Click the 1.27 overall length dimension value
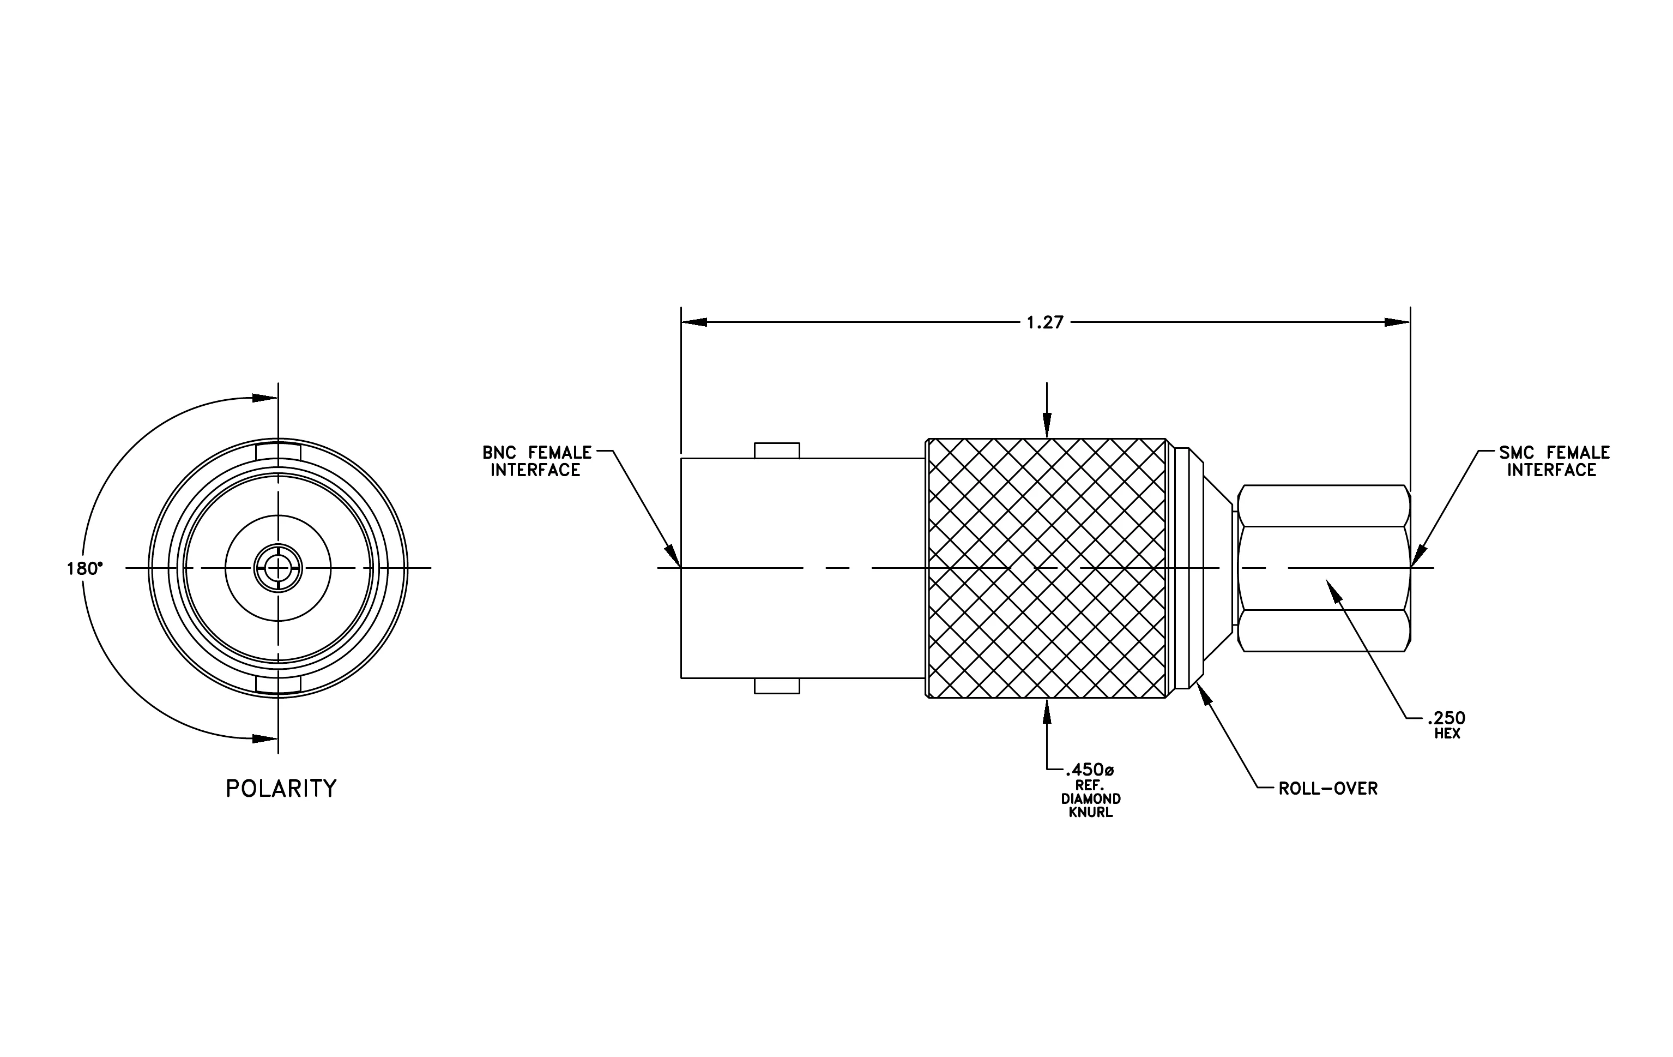point(1045,322)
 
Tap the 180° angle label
point(84,568)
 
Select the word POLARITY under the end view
point(281,789)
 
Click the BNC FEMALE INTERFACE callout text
point(537,461)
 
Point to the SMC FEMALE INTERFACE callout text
point(1554,461)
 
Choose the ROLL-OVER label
point(1328,789)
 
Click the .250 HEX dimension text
point(1447,725)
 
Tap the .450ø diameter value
point(1089,770)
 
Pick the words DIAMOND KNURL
point(1091,806)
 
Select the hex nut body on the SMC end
point(1324,568)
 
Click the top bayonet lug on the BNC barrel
point(777,451)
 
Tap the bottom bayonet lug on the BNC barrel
point(777,686)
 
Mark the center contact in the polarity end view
point(278,568)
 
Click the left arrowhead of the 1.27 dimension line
point(694,322)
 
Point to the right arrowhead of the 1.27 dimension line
point(1398,322)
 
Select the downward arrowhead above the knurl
point(1047,425)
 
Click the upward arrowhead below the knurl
point(1047,711)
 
